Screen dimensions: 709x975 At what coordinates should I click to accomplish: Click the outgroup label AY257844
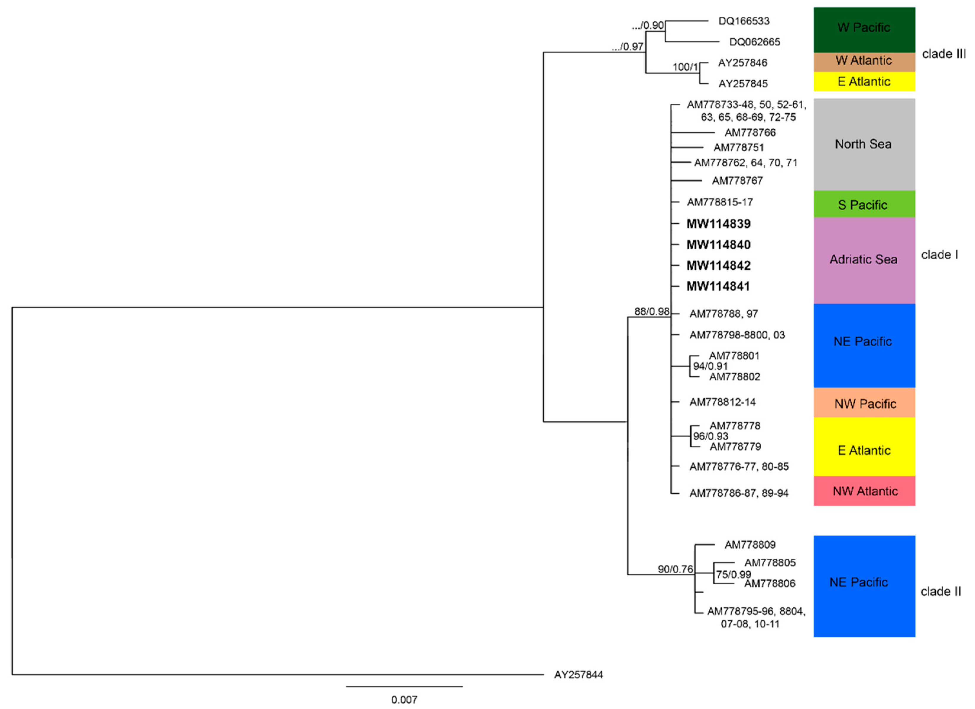pyautogui.click(x=578, y=675)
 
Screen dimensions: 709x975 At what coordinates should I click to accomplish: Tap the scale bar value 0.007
pyautogui.click(x=404, y=700)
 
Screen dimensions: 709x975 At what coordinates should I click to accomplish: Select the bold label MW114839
pyautogui.click(x=718, y=224)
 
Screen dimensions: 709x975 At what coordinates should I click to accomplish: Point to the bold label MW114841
pyautogui.click(x=718, y=286)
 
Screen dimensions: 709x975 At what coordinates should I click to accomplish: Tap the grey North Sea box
pyautogui.click(x=864, y=144)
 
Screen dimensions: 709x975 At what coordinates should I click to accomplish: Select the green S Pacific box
pyautogui.click(x=864, y=204)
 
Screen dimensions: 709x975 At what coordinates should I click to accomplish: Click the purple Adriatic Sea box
pyautogui.click(x=864, y=260)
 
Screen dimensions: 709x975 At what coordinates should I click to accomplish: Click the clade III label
pyautogui.click(x=944, y=54)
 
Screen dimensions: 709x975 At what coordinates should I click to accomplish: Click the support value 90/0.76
pyautogui.click(x=675, y=569)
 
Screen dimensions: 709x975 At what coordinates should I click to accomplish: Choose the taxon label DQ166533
pyautogui.click(x=744, y=21)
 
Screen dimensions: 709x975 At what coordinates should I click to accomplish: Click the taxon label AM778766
pyautogui.click(x=750, y=133)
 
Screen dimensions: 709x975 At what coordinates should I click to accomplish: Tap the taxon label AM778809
pyautogui.click(x=750, y=545)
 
